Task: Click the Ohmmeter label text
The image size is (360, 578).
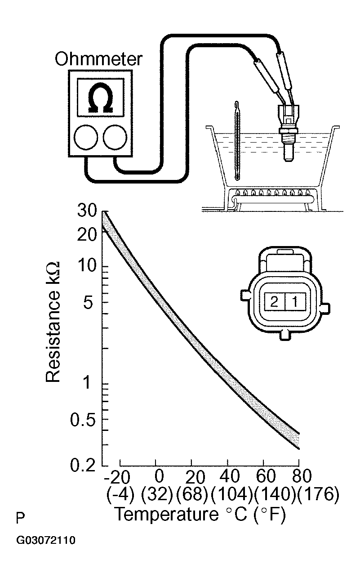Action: tap(98, 59)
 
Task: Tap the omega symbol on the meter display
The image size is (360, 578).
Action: tap(100, 98)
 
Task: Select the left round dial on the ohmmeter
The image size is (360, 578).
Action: tap(86, 137)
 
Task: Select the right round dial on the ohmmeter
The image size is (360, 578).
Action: tap(115, 137)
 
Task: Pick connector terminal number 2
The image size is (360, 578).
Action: tap(274, 301)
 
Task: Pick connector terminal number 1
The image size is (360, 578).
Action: tap(295, 301)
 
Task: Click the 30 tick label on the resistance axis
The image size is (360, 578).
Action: tap(87, 211)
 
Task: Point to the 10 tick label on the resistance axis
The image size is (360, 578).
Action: tap(86, 266)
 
